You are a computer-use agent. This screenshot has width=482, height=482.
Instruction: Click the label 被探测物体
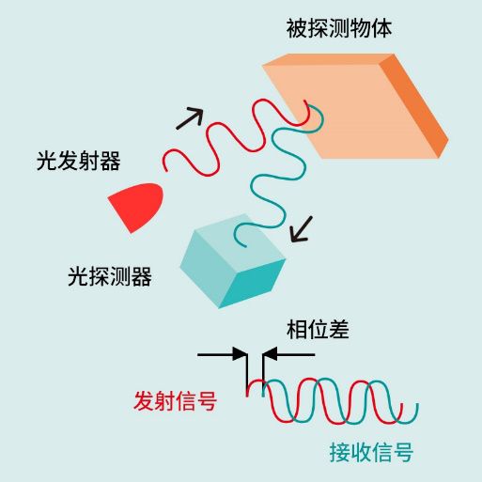coord(339,28)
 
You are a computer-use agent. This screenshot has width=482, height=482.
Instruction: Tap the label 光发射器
coord(78,161)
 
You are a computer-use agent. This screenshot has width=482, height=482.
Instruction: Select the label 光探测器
coord(110,276)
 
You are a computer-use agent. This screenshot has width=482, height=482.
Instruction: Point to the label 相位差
coord(318,329)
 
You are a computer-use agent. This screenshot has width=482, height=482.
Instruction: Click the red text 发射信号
coord(175,401)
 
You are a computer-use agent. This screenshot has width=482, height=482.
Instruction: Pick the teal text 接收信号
coord(371,452)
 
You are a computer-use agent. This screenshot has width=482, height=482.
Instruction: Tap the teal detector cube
coord(233,261)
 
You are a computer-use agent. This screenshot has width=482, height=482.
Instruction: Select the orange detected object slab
coord(355,106)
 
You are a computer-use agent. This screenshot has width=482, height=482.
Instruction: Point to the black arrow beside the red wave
coord(190,117)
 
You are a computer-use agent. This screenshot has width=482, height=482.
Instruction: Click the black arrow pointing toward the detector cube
coord(302,229)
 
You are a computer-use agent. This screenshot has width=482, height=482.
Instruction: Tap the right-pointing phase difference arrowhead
coord(241,354)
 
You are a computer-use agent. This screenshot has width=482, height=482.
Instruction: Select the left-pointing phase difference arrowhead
coord(270,354)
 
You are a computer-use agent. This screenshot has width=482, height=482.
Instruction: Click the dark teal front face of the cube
coord(253,284)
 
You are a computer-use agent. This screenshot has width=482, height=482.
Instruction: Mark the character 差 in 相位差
coord(339,329)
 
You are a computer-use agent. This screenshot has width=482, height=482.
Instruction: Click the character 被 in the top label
coord(297,28)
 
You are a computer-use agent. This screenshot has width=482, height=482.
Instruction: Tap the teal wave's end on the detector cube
coord(245,246)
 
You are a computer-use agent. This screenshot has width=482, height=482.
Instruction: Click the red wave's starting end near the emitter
coord(166,170)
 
